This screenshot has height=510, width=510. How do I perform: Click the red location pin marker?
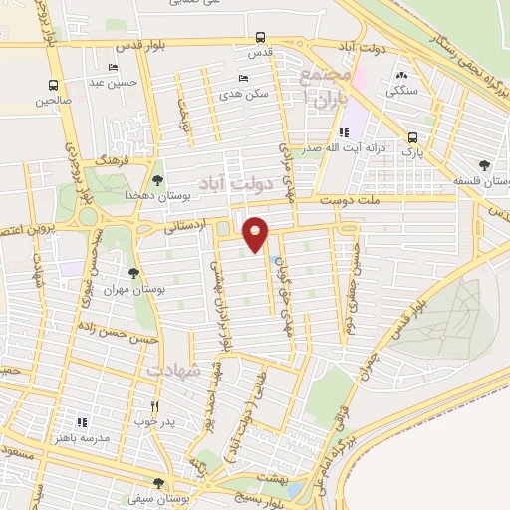[256, 233]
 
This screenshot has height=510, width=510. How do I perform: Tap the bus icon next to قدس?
[260, 41]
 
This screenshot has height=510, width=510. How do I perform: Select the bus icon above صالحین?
[53, 86]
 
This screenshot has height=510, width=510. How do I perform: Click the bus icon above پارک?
[412, 137]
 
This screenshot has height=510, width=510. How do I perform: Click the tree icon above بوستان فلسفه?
[484, 164]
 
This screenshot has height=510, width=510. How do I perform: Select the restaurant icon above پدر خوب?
[154, 406]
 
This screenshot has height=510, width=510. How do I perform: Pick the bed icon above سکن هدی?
[242, 79]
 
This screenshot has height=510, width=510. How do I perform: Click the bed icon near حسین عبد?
[112, 68]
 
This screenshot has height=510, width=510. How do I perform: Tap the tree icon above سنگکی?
[401, 76]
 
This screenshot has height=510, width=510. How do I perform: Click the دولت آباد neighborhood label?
[235, 183]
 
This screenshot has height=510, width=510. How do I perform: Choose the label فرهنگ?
[110, 159]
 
